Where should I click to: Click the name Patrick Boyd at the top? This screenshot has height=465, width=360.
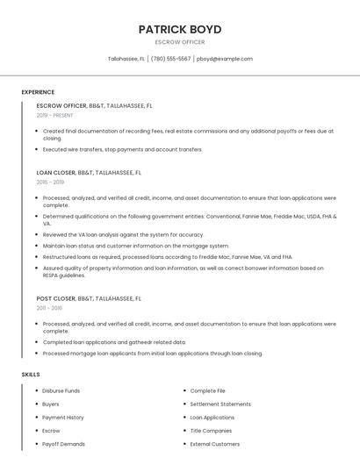click(180, 29)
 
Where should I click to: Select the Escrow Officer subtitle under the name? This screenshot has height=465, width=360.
click(180, 42)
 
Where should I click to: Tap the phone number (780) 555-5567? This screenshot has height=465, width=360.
click(170, 59)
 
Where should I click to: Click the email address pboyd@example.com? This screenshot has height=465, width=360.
click(225, 59)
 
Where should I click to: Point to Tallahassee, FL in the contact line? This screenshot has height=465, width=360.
click(126, 59)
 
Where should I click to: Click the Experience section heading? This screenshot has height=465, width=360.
click(38, 92)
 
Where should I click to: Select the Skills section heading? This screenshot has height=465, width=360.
click(31, 375)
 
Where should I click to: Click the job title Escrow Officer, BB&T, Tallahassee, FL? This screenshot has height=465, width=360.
click(94, 105)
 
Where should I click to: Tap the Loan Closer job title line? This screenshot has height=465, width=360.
click(89, 173)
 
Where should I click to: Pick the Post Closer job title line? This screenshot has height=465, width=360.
click(89, 298)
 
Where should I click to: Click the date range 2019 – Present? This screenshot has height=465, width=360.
click(55, 115)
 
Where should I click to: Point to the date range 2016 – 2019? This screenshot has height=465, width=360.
click(50, 182)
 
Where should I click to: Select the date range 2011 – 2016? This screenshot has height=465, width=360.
click(49, 308)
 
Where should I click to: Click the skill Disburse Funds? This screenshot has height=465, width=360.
click(61, 390)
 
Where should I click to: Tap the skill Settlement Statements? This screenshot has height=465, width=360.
click(220, 404)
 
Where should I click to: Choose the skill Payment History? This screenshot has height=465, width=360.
click(63, 418)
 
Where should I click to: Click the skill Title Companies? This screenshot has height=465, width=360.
click(211, 431)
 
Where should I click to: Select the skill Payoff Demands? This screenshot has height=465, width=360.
click(63, 444)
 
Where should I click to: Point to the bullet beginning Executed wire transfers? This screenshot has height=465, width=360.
click(122, 149)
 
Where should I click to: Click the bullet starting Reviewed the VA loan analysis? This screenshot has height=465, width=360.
click(123, 234)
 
